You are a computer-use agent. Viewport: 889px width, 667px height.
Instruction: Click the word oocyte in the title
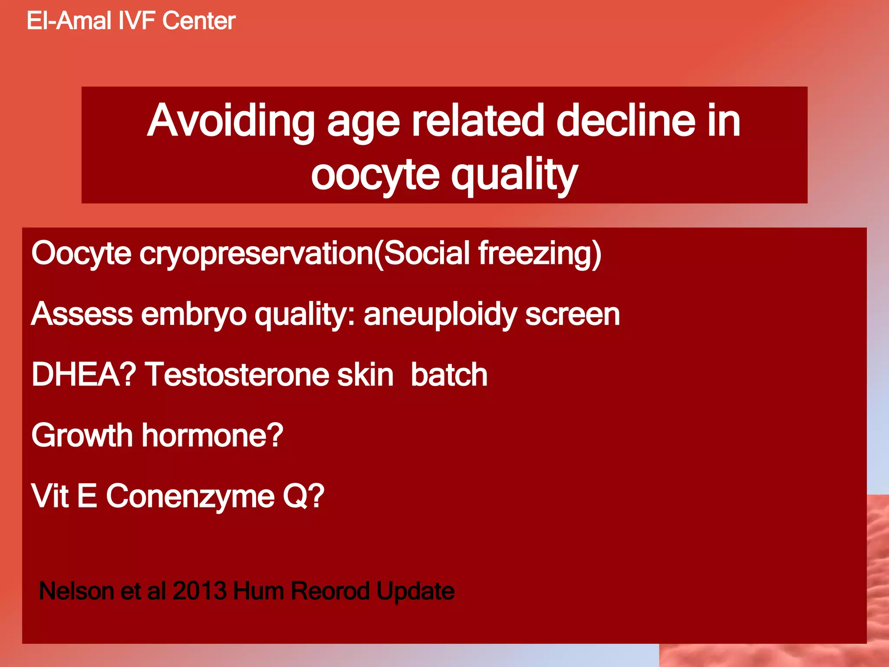(x=375, y=175)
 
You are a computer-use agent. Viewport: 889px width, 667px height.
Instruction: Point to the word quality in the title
(x=514, y=175)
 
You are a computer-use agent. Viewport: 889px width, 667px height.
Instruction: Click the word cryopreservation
(x=256, y=254)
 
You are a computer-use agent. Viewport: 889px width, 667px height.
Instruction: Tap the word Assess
(x=82, y=314)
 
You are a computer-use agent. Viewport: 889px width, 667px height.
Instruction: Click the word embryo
(x=194, y=314)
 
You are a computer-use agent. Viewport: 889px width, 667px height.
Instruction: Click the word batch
(x=449, y=374)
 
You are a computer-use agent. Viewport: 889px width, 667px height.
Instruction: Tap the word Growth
(x=82, y=435)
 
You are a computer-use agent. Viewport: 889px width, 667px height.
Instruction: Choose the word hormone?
(x=213, y=435)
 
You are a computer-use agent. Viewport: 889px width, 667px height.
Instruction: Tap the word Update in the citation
(x=415, y=591)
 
